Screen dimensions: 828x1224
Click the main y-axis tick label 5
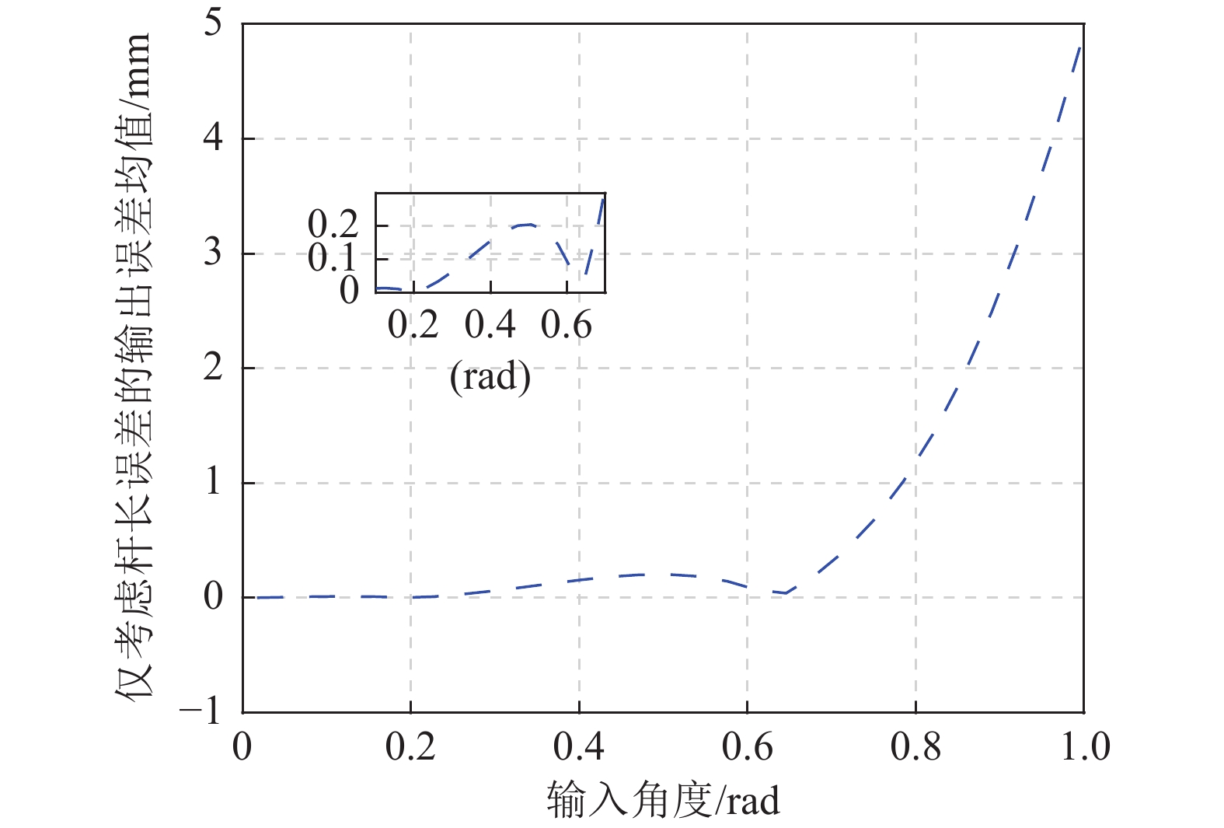click(213, 23)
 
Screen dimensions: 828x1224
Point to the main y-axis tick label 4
click(213, 138)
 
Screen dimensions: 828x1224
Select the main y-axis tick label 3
click(213, 253)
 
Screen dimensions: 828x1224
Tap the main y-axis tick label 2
click(213, 368)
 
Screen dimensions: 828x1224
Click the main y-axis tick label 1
click(213, 482)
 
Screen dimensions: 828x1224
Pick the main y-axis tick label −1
click(201, 711)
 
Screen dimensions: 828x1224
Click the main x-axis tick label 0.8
click(915, 747)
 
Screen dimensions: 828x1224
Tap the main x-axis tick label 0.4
click(579, 747)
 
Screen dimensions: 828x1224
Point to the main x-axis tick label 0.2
click(410, 747)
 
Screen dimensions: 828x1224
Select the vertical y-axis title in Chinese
click(134, 365)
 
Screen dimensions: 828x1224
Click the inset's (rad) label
click(490, 377)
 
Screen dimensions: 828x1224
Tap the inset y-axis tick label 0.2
click(333, 225)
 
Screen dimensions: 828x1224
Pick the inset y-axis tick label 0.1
click(333, 257)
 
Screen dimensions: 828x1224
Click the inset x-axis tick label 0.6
click(567, 324)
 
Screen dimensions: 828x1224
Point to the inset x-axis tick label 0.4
click(490, 324)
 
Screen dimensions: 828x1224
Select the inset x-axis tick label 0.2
click(413, 324)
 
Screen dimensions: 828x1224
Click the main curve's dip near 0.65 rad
click(786, 592)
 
